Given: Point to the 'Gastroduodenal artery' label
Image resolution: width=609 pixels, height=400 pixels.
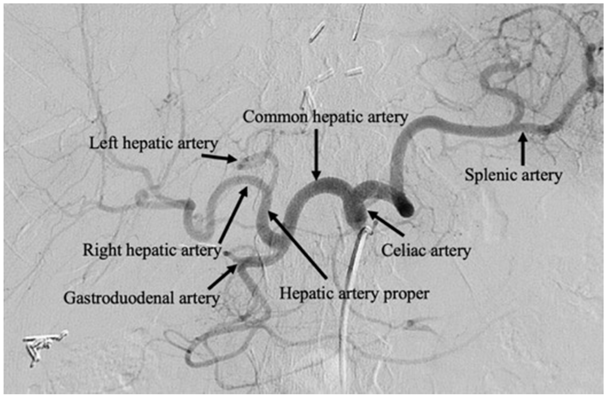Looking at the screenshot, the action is (142, 298).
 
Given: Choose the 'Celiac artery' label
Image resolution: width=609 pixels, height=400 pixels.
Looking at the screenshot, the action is (426, 251).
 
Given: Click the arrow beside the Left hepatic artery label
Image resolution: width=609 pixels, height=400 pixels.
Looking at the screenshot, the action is (219, 158).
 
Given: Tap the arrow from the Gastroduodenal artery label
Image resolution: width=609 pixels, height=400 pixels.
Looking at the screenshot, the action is (222, 277).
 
